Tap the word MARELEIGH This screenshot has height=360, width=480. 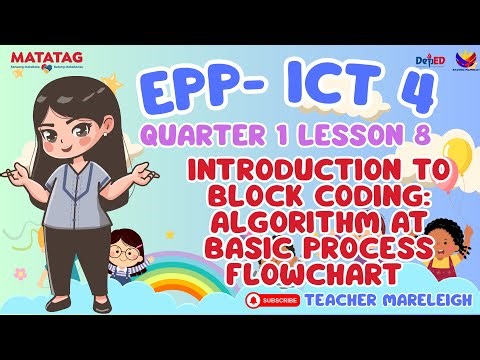coord(394,298)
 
